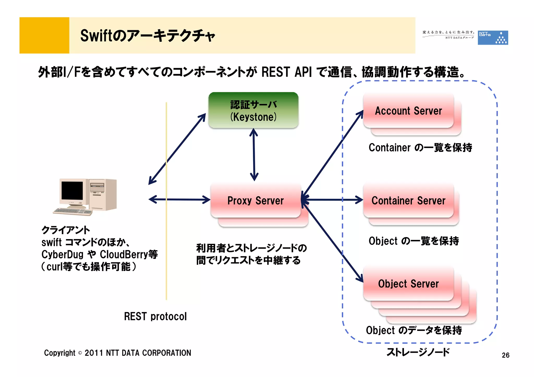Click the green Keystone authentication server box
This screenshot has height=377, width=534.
253,110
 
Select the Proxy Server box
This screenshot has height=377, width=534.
256,201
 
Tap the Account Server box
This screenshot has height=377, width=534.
408,111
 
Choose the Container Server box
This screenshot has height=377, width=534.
408,201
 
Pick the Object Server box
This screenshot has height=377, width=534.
408,283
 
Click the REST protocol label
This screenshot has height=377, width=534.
155,316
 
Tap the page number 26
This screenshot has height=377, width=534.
505,355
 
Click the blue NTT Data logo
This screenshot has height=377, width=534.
493,38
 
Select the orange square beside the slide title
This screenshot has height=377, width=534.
44,35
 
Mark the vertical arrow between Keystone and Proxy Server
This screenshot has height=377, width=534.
254,155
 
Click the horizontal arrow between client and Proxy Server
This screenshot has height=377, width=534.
179,200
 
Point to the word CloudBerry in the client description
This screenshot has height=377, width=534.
124,254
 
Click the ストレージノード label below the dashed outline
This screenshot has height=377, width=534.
418,352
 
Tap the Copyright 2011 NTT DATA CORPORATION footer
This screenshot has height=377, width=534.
117,353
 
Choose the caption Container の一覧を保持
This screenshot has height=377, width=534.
420,147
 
